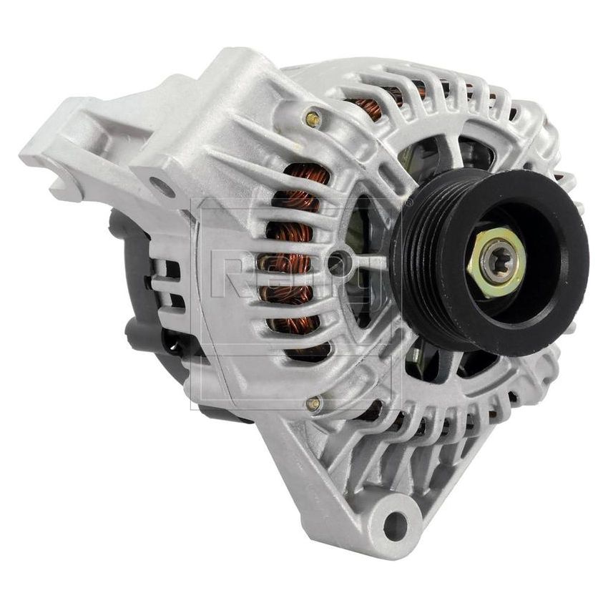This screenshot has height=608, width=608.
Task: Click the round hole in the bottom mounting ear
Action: (x=394, y=525)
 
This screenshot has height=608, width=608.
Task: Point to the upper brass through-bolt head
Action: (x=312, y=119)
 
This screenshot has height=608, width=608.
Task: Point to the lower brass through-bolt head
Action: (x=313, y=405)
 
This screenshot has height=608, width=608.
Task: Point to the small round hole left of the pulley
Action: (x=335, y=263)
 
